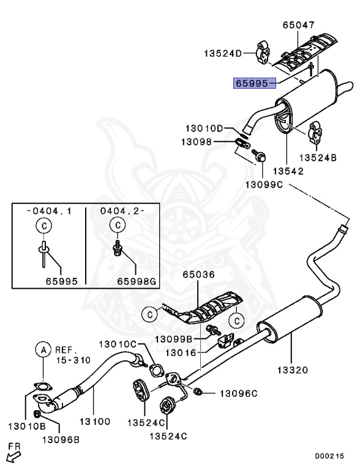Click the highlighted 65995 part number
[x=252, y=83]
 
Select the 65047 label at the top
[x=298, y=26]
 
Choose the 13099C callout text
[x=265, y=184]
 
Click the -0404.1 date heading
[x=49, y=211]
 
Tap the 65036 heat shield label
[x=198, y=275]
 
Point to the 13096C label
[x=239, y=393]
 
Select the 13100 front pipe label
[x=94, y=422]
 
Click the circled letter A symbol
[x=43, y=350]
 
